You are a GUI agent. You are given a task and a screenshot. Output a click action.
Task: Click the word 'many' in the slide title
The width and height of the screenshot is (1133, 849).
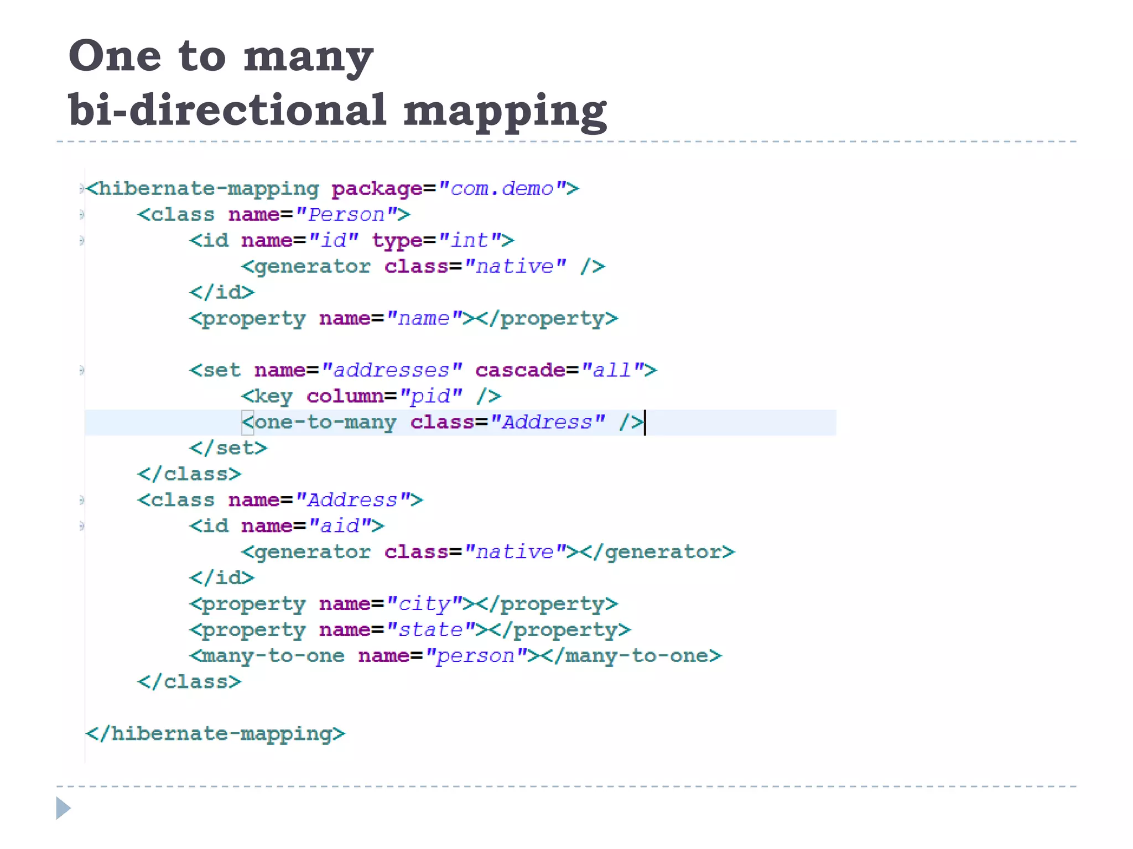click(x=308, y=57)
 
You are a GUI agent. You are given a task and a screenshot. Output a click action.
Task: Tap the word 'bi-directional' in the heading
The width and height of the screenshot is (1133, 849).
click(x=227, y=110)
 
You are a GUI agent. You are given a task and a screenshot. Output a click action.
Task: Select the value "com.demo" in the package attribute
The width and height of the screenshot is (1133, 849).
click(x=502, y=189)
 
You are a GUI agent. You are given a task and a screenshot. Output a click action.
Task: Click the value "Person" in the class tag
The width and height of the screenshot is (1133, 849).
click(x=346, y=214)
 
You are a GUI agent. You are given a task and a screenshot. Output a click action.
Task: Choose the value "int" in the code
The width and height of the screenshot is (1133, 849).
click(x=470, y=240)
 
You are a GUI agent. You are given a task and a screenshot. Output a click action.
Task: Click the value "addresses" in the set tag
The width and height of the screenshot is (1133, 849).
click(x=392, y=370)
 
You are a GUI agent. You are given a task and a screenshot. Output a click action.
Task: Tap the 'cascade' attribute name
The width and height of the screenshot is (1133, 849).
click(x=519, y=370)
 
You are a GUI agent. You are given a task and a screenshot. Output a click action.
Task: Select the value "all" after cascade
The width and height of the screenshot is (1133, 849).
click(x=612, y=370)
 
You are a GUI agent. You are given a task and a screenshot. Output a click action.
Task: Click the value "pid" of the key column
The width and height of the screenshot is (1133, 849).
click(x=431, y=396)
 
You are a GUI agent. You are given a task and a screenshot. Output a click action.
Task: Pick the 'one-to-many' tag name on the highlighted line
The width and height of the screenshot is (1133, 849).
click(x=325, y=422)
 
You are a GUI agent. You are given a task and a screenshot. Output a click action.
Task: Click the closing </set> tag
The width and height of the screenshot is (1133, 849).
click(x=228, y=448)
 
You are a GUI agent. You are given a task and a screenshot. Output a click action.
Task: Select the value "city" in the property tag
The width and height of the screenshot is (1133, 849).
click(x=424, y=604)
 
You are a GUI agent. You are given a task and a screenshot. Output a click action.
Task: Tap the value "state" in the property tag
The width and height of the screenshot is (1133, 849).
click(x=431, y=630)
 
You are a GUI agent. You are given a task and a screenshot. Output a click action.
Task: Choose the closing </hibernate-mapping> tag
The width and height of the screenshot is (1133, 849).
click(x=216, y=733)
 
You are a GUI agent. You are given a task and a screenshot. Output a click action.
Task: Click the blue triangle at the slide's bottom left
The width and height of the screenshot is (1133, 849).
click(x=63, y=808)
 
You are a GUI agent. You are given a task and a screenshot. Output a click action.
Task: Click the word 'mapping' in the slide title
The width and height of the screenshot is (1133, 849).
click(x=505, y=110)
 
